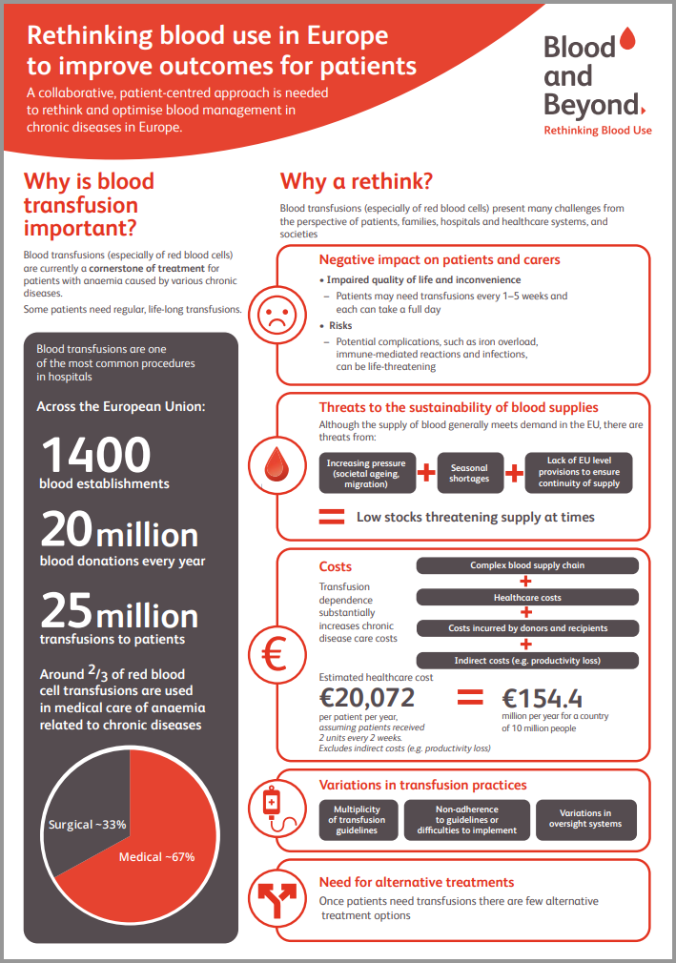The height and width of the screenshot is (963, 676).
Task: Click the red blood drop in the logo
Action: [x=626, y=39]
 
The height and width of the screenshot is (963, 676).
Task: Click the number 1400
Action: [x=95, y=456]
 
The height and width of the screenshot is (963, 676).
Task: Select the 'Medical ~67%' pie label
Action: [x=156, y=856]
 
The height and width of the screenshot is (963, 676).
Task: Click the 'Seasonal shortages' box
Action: [x=469, y=473]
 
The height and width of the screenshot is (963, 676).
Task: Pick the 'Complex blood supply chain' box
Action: [x=527, y=565]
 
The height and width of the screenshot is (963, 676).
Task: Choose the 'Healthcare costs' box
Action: [x=527, y=597]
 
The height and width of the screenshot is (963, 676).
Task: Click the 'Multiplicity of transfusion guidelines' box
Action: [x=357, y=819]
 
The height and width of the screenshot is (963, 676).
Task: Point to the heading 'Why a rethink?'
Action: [x=357, y=181]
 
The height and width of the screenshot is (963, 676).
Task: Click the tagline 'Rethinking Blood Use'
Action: [x=598, y=130]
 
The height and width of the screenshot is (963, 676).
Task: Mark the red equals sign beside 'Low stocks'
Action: [x=331, y=518]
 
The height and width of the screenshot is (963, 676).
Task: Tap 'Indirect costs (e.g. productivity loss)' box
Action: [x=527, y=660]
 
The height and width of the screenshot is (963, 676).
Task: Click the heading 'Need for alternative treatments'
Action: [x=417, y=882]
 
